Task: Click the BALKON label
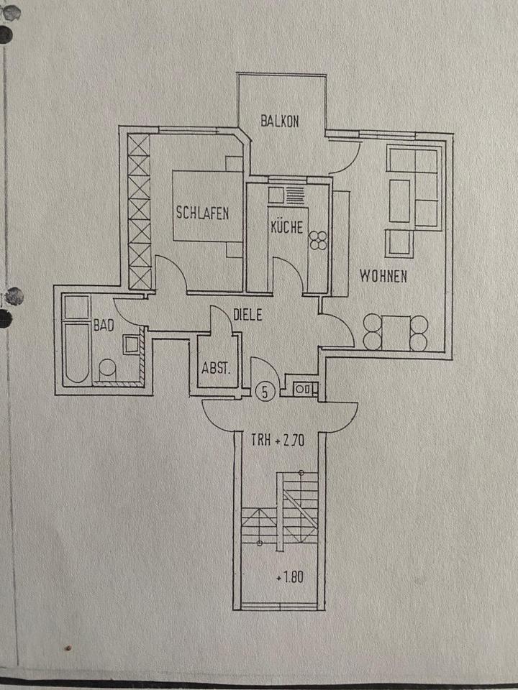[281, 121]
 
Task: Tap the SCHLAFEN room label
[202, 213]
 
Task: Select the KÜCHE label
[287, 228]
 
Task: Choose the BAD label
[104, 325]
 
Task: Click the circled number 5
[265, 392]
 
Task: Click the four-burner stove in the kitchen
[317, 239]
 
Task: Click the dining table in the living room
[395, 332]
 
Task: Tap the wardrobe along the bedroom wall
[139, 212]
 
